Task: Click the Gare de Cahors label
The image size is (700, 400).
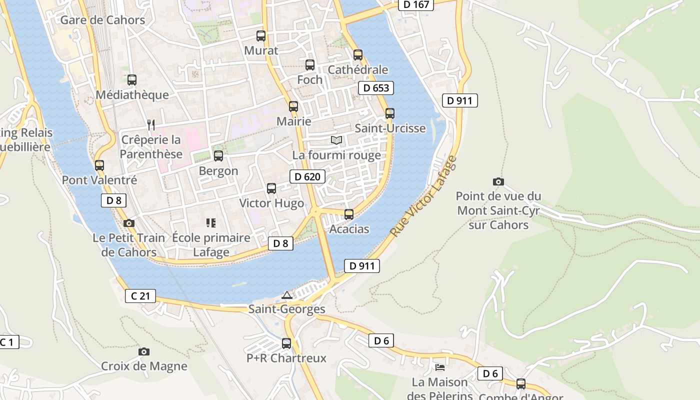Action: point(102,20)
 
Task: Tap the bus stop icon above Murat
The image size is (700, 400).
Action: point(260,36)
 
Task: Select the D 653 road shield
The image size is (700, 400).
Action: point(376,88)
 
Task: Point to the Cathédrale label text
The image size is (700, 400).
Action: point(357,69)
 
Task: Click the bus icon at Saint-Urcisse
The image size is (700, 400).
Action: point(389,113)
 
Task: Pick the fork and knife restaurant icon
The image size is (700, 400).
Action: point(151,124)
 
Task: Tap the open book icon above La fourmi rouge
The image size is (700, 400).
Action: point(336,140)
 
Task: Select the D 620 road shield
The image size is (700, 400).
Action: point(307,176)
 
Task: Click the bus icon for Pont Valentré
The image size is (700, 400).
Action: point(99,165)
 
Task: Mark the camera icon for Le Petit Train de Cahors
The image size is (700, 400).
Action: point(129,223)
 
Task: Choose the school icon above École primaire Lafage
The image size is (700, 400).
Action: point(210,223)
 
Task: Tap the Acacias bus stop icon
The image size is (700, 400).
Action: point(349,214)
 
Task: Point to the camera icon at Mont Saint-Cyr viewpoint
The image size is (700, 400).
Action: point(498,181)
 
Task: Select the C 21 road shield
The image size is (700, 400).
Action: point(140,296)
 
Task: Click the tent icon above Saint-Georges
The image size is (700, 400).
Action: point(286,295)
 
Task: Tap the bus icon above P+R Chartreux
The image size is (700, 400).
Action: point(286,343)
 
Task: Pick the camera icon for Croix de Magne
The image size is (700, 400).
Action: point(144,352)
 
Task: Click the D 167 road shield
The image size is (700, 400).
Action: point(416,4)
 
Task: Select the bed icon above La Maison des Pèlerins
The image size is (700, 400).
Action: point(439,367)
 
